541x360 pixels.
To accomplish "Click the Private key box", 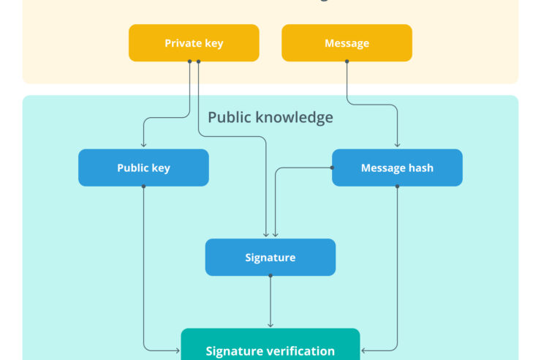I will point(194,43).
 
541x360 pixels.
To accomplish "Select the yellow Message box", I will point(347,43).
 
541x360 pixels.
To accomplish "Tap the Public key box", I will point(143,168).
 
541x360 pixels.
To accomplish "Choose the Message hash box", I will point(397,168).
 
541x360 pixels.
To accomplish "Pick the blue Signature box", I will point(270,258).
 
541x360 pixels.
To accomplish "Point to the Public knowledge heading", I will point(270,117).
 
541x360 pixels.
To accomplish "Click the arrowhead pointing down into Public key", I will point(143,146).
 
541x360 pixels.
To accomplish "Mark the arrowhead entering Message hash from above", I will point(397,146).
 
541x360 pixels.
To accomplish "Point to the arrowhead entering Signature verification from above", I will point(270,325).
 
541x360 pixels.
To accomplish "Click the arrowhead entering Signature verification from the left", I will point(178,350).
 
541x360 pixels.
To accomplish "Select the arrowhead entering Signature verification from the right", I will point(363,350).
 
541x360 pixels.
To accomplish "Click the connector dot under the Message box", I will point(347,61).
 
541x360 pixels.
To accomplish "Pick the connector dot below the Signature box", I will point(270,276).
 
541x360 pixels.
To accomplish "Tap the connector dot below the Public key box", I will point(143,186).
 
